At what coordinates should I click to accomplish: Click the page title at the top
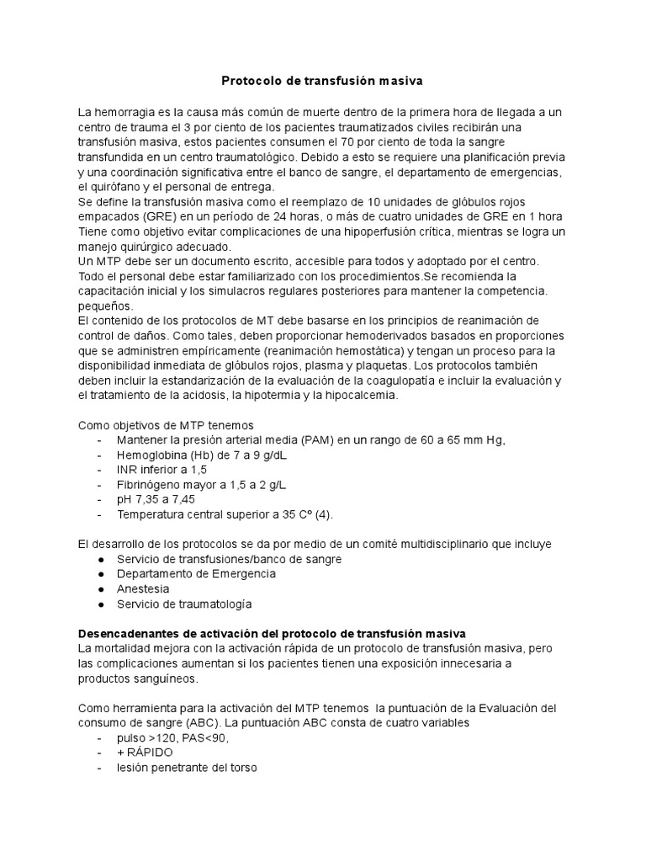coord(322,82)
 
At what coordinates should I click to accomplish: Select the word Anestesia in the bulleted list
coord(143,588)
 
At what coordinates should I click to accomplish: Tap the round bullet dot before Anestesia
coord(101,588)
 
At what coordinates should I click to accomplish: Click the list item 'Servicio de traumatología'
coord(196,604)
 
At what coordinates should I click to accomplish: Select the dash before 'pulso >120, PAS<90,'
coord(101,737)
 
